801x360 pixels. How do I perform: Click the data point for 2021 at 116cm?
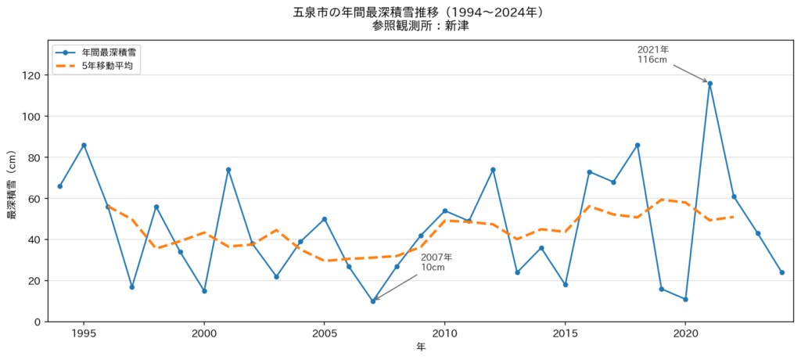(x=709, y=84)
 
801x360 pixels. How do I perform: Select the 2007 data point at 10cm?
(x=373, y=301)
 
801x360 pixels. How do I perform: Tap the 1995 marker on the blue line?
(x=84, y=146)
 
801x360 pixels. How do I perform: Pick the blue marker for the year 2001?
(x=228, y=170)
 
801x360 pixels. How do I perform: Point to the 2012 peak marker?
(x=493, y=170)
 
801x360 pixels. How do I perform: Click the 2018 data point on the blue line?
(x=638, y=146)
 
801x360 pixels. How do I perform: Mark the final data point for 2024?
(x=782, y=272)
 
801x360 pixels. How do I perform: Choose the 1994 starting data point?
(x=59, y=186)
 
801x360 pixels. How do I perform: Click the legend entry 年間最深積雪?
(x=97, y=52)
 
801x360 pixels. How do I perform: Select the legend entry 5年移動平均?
(x=97, y=66)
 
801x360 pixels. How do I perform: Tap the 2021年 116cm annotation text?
(x=653, y=54)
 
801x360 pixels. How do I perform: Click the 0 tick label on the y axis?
(x=39, y=322)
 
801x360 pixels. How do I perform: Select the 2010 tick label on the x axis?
(x=444, y=333)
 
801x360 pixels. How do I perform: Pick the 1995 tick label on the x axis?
(x=84, y=333)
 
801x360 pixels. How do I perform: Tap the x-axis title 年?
(x=420, y=347)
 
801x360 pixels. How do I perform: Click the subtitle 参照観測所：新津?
(x=420, y=26)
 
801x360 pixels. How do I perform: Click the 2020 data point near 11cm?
(x=685, y=299)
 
